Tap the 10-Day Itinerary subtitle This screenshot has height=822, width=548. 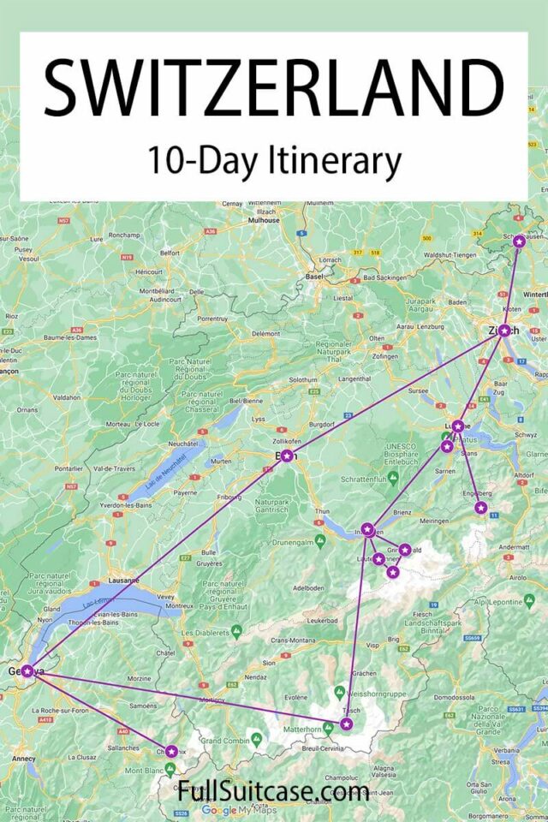click(273, 160)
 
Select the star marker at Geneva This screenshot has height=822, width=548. click(27, 670)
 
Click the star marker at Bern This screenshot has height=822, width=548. click(287, 456)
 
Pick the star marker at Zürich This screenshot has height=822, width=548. click(504, 331)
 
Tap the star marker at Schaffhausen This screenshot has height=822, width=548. click(519, 241)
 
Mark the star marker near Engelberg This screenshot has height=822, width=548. click(480, 508)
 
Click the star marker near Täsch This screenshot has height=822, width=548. click(346, 724)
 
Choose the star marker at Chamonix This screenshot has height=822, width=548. click(171, 751)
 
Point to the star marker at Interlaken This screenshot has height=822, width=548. click(367, 529)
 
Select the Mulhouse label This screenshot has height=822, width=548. click(264, 220)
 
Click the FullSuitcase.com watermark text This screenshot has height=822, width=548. click(273, 789)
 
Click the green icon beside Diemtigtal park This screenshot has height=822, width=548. click(320, 540)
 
